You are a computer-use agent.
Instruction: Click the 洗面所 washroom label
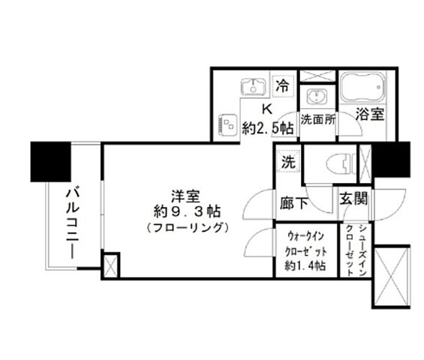point(318,118)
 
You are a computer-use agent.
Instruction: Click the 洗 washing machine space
point(287,160)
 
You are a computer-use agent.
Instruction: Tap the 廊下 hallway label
point(293,202)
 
